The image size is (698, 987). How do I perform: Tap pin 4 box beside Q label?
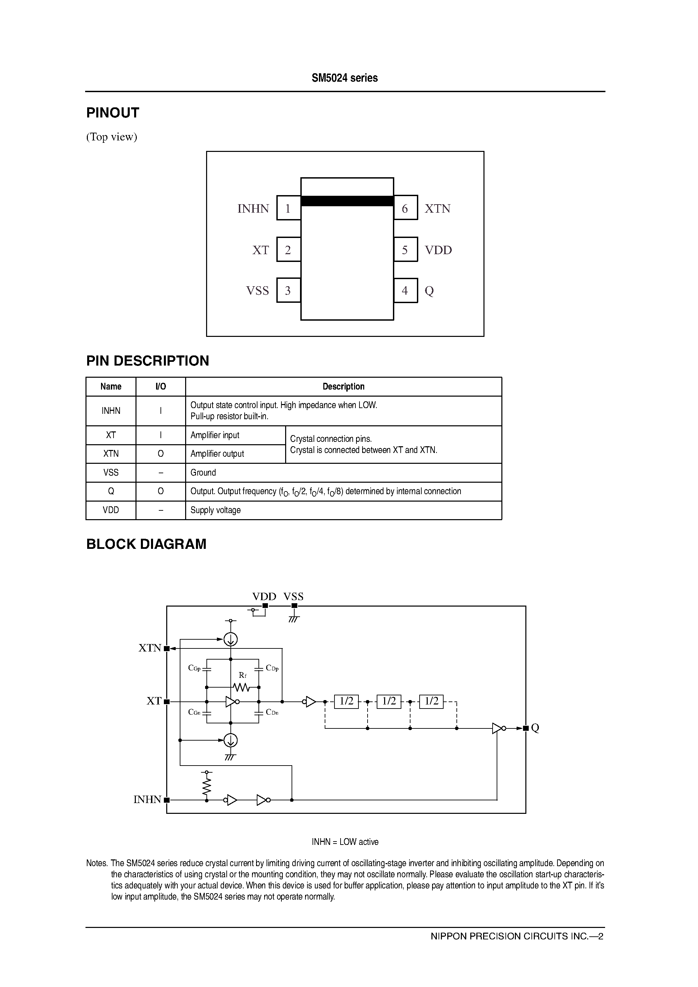click(405, 291)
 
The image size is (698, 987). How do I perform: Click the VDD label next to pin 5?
click(438, 250)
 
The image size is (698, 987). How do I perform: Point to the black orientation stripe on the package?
click(347, 201)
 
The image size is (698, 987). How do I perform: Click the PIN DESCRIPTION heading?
click(148, 361)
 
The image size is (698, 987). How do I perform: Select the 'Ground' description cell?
click(343, 473)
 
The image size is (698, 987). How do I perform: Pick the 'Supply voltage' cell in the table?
click(343, 510)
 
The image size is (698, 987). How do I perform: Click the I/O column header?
click(160, 386)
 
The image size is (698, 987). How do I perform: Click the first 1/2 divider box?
click(346, 701)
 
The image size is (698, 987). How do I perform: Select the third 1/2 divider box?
click(431, 701)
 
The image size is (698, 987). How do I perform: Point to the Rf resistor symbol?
click(242, 687)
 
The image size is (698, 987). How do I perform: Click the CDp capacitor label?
click(272, 668)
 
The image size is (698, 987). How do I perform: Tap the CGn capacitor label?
click(194, 712)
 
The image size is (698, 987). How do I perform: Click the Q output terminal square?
click(525, 728)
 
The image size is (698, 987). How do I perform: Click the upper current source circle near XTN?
click(231, 640)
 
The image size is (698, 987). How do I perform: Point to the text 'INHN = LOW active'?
click(345, 842)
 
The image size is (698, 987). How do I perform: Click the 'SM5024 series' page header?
click(345, 78)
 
